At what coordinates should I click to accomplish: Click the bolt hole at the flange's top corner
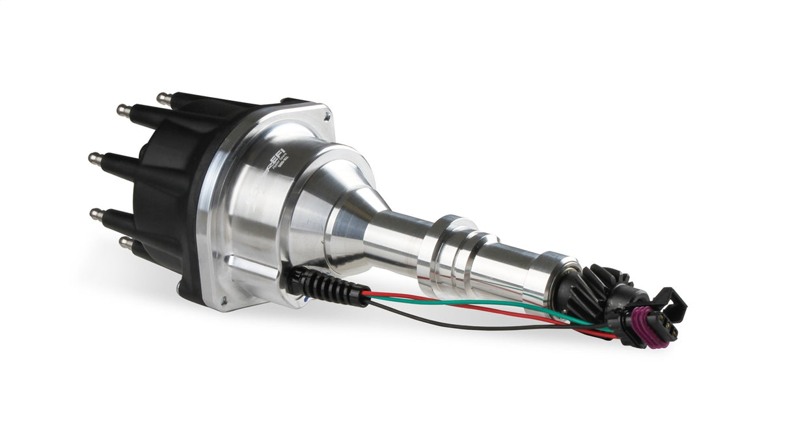[327, 117]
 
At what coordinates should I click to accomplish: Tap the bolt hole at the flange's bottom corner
[225, 301]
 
